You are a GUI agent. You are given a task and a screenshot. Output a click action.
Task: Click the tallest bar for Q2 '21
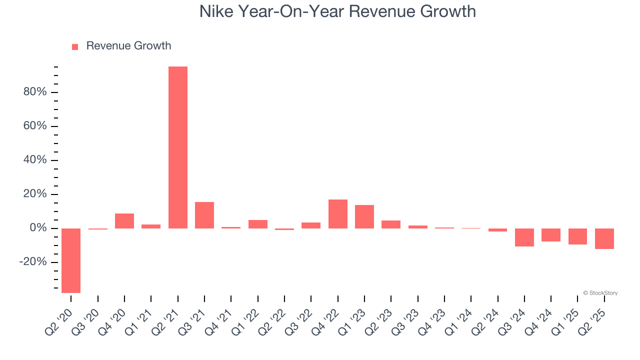click(178, 147)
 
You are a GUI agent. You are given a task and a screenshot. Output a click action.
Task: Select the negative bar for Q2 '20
click(71, 260)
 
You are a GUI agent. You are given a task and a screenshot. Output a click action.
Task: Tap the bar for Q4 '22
click(338, 214)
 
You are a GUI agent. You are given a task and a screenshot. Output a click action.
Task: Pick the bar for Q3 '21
click(204, 215)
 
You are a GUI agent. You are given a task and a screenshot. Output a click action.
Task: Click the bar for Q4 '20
click(124, 221)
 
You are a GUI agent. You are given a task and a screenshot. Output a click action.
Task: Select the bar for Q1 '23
click(364, 216)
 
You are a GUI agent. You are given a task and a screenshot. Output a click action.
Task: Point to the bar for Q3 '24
click(524, 237)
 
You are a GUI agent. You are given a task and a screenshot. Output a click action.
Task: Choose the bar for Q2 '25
click(604, 238)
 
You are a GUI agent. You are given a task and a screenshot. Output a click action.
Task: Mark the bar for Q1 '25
click(577, 236)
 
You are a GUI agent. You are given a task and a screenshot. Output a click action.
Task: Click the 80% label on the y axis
click(34, 92)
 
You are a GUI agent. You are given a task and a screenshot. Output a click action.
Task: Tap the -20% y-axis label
click(33, 262)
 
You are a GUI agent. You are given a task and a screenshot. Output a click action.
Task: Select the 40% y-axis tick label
click(34, 160)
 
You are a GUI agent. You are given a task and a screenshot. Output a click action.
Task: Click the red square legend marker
click(75, 46)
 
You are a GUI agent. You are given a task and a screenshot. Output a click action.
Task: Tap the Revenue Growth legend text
click(128, 46)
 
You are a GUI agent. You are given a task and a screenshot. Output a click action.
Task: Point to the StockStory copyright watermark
click(600, 293)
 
